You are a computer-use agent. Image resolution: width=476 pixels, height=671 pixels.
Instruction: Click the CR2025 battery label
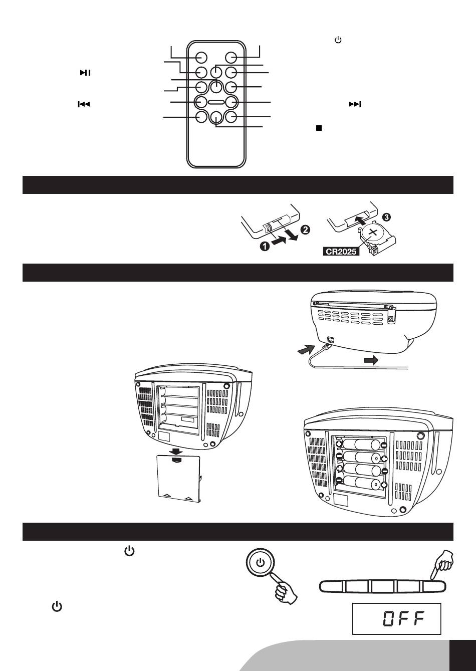(x=341, y=252)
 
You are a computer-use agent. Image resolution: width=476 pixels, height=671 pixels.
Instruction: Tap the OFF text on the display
(x=404, y=618)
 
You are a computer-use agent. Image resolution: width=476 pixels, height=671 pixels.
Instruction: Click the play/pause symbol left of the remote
(x=85, y=73)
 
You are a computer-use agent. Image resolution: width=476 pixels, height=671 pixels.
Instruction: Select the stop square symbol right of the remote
(x=319, y=128)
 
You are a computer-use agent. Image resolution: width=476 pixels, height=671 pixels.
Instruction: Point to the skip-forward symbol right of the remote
(x=355, y=104)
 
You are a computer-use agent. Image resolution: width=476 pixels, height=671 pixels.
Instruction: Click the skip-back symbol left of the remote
(x=84, y=104)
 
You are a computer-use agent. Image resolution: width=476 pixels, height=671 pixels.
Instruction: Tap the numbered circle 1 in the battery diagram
(x=265, y=247)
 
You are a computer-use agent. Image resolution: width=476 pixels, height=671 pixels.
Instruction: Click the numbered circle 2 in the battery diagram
(x=306, y=230)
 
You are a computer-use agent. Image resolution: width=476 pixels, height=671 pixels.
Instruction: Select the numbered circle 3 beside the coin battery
(x=386, y=217)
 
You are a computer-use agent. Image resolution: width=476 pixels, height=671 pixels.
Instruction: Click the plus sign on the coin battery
(x=373, y=232)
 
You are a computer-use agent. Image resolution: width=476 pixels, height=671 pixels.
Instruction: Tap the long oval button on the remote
(x=216, y=102)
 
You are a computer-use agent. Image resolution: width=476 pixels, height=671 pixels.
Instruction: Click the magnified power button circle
(x=261, y=562)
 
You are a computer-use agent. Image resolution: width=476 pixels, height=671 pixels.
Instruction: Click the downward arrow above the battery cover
(x=175, y=451)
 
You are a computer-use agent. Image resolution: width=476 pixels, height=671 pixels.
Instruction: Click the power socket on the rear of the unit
(x=330, y=340)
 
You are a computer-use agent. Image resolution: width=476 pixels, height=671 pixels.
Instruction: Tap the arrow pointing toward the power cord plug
(x=306, y=349)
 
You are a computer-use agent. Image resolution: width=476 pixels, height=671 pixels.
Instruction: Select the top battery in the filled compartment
(x=361, y=445)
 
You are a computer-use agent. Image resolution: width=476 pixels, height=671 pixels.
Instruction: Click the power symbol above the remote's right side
(x=338, y=40)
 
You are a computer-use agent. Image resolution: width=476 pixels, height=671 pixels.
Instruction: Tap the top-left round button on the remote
(x=201, y=58)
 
